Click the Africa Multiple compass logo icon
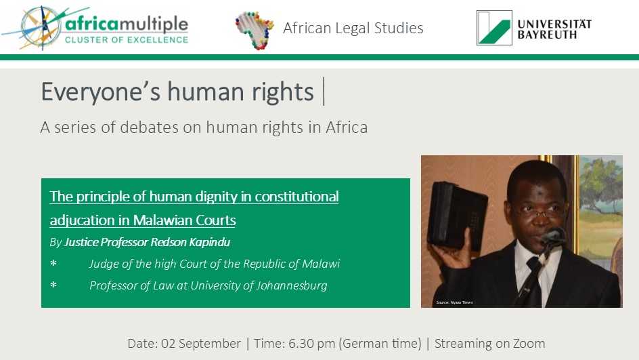coord(41,27)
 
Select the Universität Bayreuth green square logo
coord(494,28)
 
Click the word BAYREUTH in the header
coord(547,35)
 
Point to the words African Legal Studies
coord(353,28)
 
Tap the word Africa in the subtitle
coord(347,127)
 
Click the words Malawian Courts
coord(184,220)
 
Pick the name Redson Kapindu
coord(190,243)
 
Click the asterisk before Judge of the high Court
coord(53,264)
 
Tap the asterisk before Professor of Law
coord(53,285)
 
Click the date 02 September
coord(200,344)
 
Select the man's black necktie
coord(532,281)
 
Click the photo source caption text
coord(454,302)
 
